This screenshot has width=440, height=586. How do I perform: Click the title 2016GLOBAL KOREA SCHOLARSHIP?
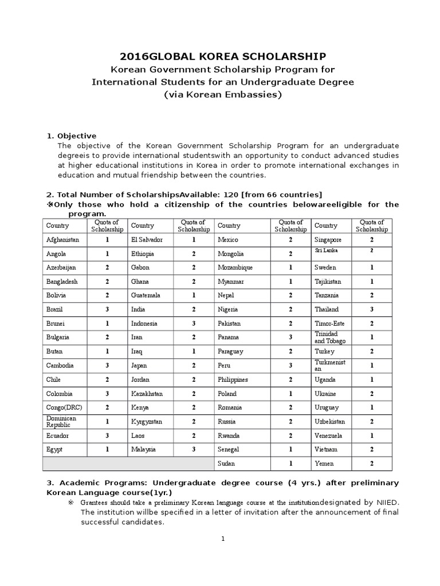[x=223, y=56]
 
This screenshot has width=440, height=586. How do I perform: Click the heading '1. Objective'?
[x=72, y=136]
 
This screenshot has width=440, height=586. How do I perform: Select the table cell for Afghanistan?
[x=63, y=240]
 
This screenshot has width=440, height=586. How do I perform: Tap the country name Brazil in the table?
[x=55, y=309]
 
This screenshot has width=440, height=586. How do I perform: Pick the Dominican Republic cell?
[x=62, y=422]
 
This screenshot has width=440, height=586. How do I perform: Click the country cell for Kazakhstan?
[x=148, y=394]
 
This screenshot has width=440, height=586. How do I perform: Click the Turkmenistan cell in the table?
[x=329, y=365]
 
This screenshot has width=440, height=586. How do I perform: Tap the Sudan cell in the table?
[x=226, y=464]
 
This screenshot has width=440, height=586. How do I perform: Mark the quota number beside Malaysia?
[x=194, y=449]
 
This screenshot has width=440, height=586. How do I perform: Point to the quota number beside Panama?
[x=290, y=337]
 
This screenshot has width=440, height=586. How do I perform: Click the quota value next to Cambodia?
[x=107, y=365]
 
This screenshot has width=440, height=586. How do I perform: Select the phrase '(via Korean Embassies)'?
[x=223, y=94]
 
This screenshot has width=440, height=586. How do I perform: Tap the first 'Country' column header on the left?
[x=57, y=226]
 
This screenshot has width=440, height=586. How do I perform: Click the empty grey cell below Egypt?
[x=128, y=464]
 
